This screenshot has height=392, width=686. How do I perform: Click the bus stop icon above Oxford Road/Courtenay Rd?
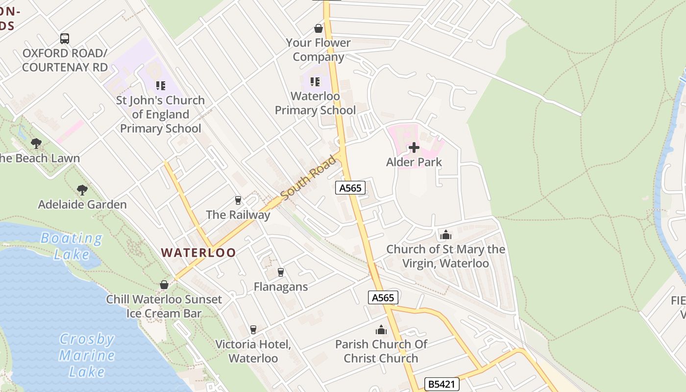tap(64, 38)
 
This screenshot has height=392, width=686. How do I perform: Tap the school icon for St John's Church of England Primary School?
tap(160, 86)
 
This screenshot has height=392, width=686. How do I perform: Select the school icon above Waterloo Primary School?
tap(315, 81)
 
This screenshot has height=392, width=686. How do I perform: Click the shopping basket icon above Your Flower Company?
tap(318, 28)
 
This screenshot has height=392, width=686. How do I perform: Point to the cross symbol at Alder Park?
tap(414, 147)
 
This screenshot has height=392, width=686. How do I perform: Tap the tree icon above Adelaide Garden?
tap(82, 190)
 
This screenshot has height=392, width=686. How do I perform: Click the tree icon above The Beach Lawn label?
tap(36, 144)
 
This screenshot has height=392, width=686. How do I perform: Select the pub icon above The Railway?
tap(238, 200)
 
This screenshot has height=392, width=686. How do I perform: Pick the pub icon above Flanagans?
tap(280, 272)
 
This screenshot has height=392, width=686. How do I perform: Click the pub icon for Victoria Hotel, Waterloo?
tap(253, 329)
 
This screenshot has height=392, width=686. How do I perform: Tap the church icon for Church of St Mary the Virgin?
tap(445, 235)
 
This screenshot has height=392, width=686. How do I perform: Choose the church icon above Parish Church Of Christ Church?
tap(381, 330)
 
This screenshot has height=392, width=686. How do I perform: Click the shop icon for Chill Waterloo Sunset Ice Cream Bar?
tap(164, 285)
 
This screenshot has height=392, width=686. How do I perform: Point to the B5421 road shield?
tap(441, 384)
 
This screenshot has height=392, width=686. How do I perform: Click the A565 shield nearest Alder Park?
tap(350, 187)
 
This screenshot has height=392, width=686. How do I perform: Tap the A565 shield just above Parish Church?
tap(383, 297)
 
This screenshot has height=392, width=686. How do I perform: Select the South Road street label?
tap(310, 177)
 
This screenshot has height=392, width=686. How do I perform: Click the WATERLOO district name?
tap(198, 253)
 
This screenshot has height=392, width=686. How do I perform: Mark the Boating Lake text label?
tap(72, 246)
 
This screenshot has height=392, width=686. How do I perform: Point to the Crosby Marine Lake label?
tap(87, 355)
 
